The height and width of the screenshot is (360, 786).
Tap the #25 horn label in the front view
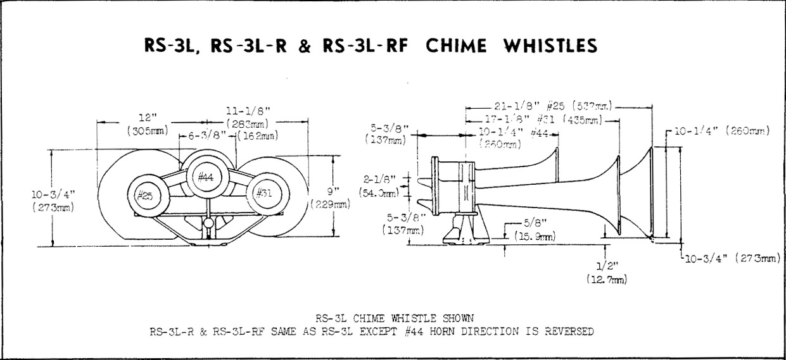(146, 195)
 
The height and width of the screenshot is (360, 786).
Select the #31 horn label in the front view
(263, 194)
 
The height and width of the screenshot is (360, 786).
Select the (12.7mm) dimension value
(607, 278)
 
